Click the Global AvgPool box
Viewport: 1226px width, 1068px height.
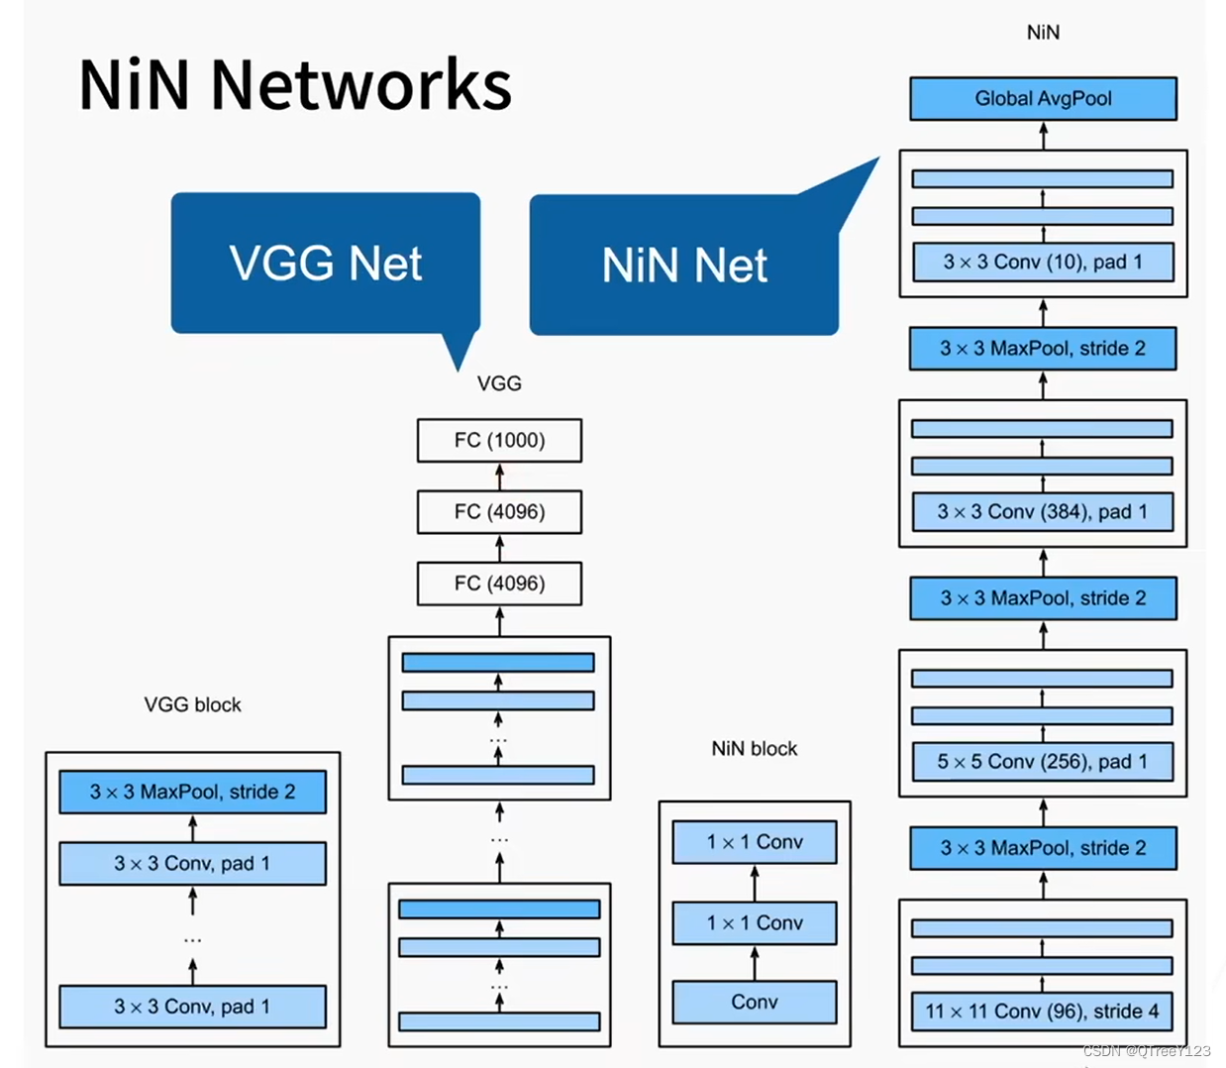coord(1043,98)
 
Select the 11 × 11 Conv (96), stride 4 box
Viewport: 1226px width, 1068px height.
coord(1042,1011)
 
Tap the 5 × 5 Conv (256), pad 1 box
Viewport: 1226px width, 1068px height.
coord(1042,761)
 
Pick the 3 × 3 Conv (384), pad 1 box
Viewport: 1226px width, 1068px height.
coord(1042,511)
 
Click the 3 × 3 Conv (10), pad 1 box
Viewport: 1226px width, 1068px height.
coord(1042,262)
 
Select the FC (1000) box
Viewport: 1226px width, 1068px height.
coord(499,440)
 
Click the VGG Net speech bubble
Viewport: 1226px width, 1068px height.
coord(325,264)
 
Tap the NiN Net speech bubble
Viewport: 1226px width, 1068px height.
coord(683,266)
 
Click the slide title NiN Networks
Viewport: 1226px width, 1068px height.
coord(295,84)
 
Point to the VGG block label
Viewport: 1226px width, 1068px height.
coord(192,704)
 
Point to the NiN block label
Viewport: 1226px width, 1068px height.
coord(754,748)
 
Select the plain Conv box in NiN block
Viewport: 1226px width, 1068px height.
coord(754,1002)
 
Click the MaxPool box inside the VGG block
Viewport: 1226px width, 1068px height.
coord(192,792)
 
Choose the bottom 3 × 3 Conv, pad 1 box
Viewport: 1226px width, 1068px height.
coord(192,1006)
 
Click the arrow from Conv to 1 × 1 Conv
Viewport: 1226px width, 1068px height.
coord(754,962)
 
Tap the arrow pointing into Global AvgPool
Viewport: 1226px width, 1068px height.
coord(1043,135)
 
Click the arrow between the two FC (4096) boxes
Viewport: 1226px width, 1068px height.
coord(499,548)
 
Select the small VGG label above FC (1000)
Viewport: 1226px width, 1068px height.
coord(499,383)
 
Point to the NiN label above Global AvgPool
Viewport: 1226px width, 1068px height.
coord(1043,33)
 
